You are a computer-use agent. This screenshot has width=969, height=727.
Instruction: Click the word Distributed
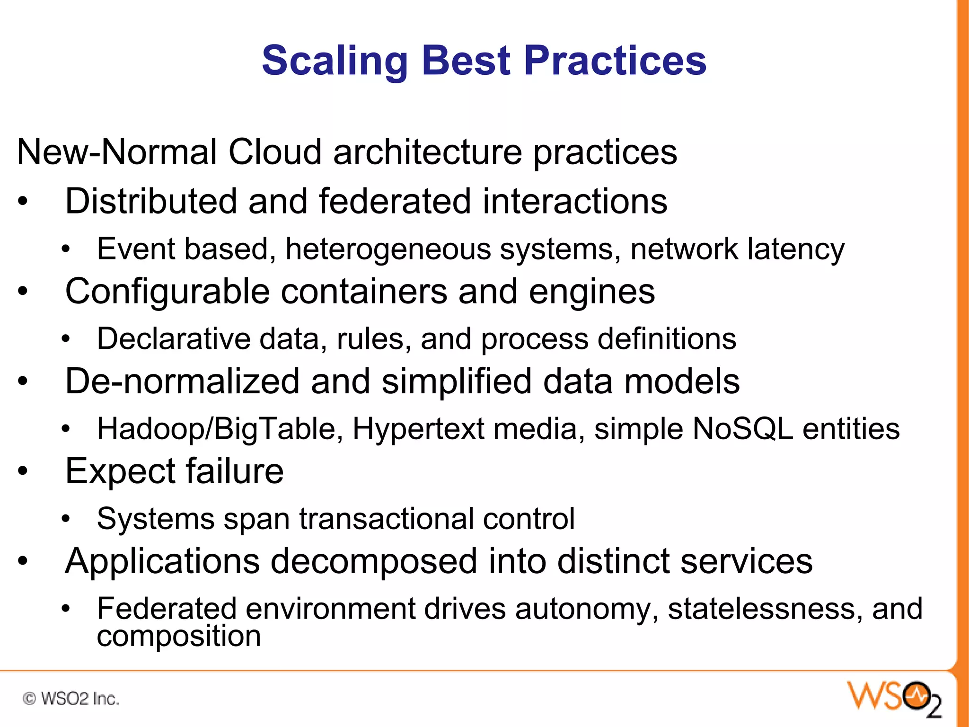pos(151,201)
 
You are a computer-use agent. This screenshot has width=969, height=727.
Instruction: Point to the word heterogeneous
pos(388,249)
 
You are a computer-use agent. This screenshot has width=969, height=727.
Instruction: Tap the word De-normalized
pos(182,381)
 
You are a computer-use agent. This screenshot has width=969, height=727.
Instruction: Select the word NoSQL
pos(743,429)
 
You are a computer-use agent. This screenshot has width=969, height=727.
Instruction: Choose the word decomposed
pos(373,561)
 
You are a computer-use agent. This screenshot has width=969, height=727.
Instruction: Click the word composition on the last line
pos(179,636)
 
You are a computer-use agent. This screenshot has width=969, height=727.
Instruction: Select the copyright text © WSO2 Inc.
pos(71,699)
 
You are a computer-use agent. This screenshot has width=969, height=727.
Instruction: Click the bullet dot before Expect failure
pos(23,471)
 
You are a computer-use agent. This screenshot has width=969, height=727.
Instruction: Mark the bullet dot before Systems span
pos(66,519)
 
